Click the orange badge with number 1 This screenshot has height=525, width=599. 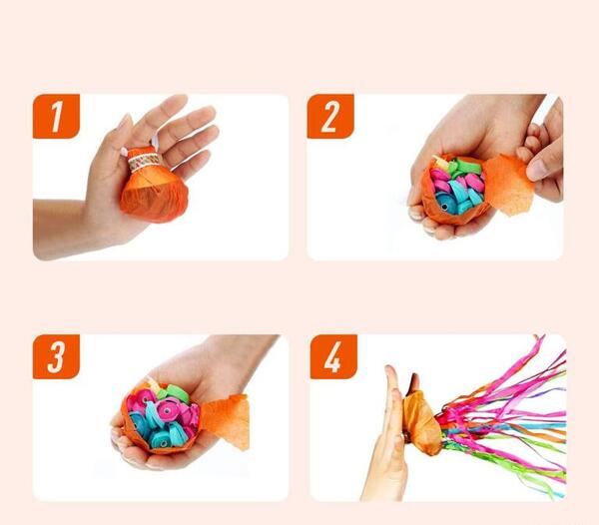point(56,116)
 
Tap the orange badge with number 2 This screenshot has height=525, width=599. point(330,116)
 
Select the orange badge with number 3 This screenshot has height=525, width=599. point(56,356)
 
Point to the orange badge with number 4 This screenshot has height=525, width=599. point(333,356)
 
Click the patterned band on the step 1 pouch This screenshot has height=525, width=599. point(144,162)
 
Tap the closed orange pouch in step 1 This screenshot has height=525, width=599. point(154,186)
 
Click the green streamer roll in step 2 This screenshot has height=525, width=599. point(469,168)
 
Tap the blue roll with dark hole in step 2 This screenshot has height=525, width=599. point(447,203)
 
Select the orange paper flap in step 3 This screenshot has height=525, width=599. point(227,420)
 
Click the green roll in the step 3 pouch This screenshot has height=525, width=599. point(177,393)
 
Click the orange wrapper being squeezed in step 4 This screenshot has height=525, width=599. point(422,423)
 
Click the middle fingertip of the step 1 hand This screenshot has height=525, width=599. point(210,113)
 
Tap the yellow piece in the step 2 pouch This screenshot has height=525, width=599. point(441,162)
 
